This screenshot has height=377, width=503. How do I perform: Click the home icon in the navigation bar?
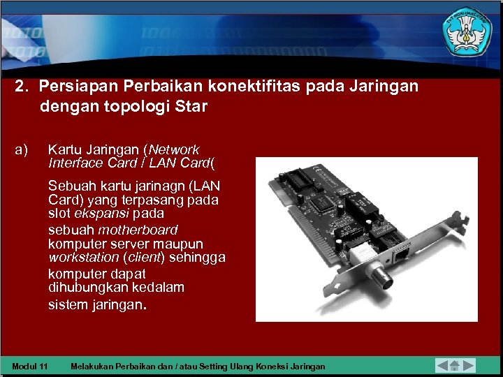(x=454, y=365)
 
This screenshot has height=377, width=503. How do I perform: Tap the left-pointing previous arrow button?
(x=442, y=365)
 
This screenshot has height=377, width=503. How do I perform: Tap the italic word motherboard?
(x=138, y=230)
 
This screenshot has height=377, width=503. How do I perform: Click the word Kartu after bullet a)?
(x=63, y=149)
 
